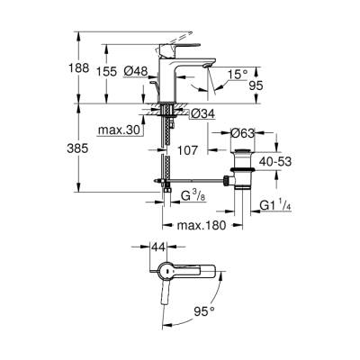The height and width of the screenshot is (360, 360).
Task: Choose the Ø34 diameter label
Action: pyautogui.click(x=202, y=114)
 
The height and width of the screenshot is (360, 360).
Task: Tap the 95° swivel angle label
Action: pyautogui.click(x=205, y=312)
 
